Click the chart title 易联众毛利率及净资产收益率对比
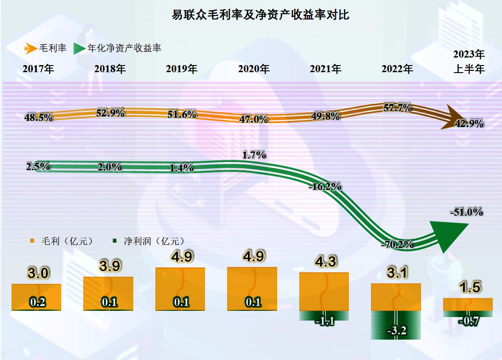261,15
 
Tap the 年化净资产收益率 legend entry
117,48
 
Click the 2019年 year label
181,69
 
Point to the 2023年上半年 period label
469,62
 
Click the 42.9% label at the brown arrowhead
469,124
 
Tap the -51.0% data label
466,212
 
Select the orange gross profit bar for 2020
252,288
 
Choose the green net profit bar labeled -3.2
396,325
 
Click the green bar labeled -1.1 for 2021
324,316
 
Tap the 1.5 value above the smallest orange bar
470,287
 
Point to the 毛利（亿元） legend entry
62,241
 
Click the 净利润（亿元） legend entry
148,241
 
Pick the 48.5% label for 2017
39,118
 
